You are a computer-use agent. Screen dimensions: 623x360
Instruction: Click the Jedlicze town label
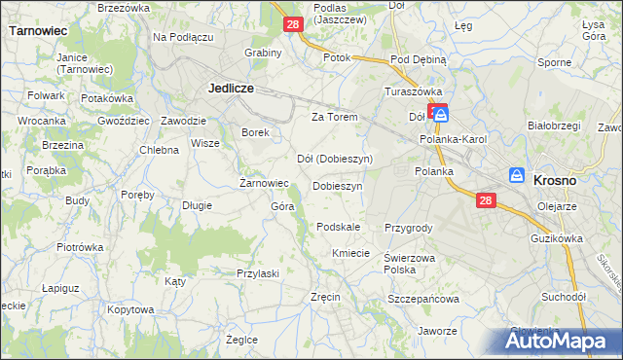coord(232,88)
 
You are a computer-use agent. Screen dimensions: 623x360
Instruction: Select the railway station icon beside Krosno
coord(517,175)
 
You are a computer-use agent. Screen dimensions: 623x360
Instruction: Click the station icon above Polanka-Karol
coord(441,114)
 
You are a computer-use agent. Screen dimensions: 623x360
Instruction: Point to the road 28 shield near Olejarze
coord(487,200)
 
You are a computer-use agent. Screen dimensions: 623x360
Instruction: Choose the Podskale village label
coord(338,227)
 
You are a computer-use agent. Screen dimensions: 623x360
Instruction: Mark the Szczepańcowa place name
coord(422,300)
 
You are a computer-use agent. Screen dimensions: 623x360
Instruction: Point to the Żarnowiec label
coord(265,183)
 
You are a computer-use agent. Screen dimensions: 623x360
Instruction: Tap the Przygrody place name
coord(408,228)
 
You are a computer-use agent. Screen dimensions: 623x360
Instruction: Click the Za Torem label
coord(335,117)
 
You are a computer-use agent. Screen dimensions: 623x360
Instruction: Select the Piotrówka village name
coord(80,247)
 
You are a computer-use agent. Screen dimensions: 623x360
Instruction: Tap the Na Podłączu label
coord(183,36)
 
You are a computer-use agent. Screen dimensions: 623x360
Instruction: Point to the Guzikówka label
coord(556,237)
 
